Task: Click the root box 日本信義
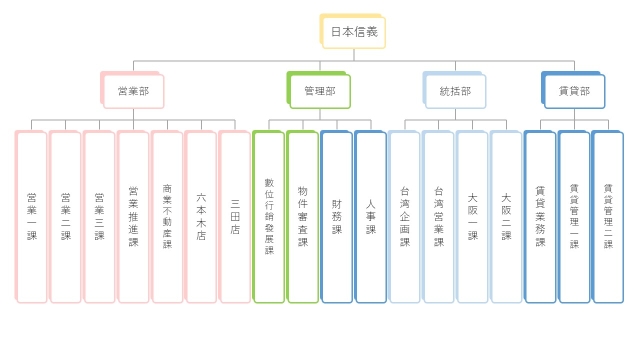[352, 31]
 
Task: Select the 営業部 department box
[132, 90]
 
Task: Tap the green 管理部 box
[318, 90]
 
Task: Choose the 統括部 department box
[454, 90]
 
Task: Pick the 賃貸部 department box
[573, 90]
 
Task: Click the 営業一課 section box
[31, 216]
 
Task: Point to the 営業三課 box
[99, 216]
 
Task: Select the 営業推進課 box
[133, 216]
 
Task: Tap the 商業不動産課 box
[167, 216]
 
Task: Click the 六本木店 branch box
[200, 216]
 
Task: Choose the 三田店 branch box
[234, 216]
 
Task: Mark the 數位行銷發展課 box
[268, 216]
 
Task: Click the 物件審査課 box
[302, 216]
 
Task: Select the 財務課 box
[336, 216]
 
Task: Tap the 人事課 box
[370, 216]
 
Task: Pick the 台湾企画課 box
[404, 216]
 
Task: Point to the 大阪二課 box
[506, 216]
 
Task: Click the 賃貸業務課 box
[540, 216]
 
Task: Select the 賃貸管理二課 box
[607, 216]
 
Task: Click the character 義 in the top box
[372, 31]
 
